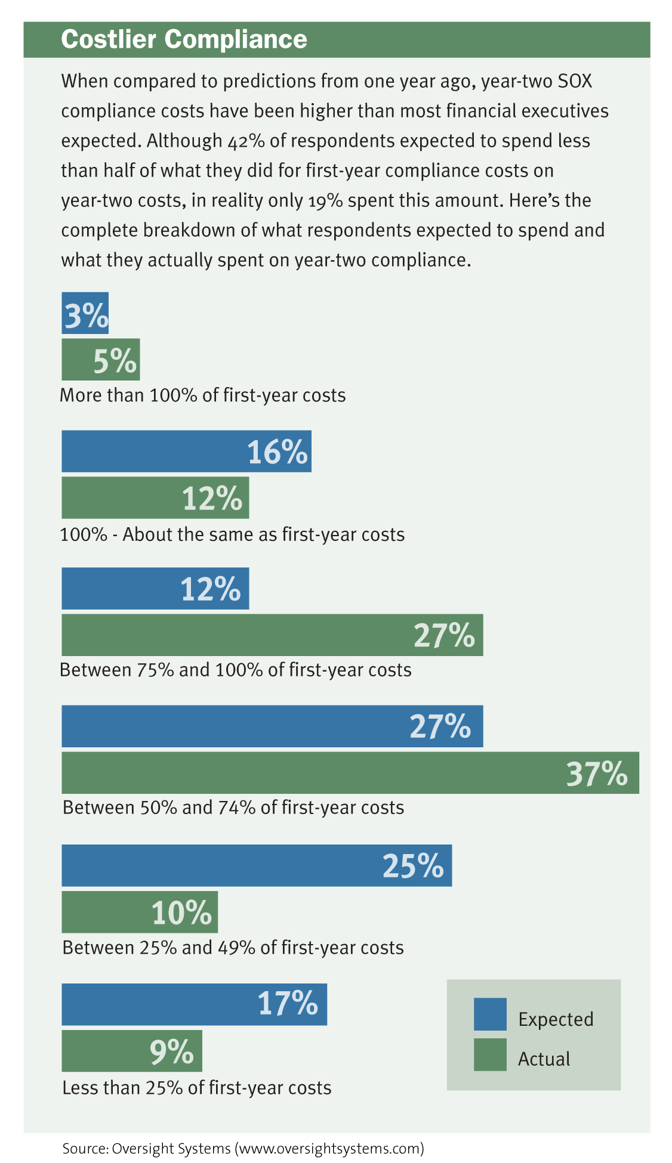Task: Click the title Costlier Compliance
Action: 184,40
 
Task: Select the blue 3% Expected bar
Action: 85,313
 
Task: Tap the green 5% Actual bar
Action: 100,360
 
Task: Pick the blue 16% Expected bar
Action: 186,451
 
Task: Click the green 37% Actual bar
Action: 350,773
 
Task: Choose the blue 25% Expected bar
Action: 257,865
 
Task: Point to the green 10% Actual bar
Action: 140,912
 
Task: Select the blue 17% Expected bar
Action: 194,1004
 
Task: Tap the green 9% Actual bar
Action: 132,1051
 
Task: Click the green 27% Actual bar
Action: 272,635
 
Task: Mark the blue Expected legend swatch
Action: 490,1014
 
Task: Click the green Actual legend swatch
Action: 490,1054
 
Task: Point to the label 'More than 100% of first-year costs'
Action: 203,395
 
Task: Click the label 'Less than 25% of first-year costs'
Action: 197,1088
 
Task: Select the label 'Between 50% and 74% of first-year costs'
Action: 233,808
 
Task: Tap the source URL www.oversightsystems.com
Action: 330,1148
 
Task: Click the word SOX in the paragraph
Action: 575,81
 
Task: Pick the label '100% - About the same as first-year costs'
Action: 232,534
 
